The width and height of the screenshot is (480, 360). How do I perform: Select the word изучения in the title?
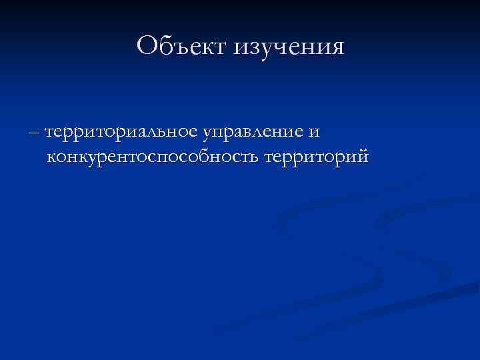click(x=289, y=47)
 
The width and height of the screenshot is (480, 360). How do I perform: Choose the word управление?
click(x=253, y=133)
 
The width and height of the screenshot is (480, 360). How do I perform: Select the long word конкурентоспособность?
click(x=153, y=158)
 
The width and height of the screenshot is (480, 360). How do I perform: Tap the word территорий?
click(x=315, y=158)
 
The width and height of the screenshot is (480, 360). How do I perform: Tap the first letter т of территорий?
click(x=269, y=159)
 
